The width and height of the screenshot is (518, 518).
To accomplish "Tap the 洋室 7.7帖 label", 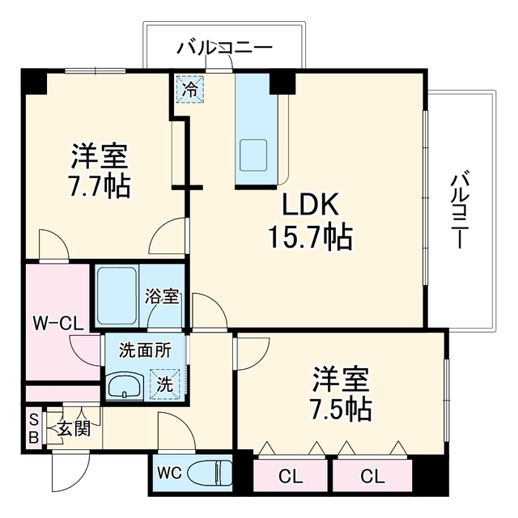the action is click(100, 171).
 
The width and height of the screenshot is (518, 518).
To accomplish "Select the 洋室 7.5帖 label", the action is click(341, 393).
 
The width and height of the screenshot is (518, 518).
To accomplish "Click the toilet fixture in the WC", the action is click(210, 473).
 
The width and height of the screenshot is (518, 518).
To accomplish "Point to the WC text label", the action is click(169, 473).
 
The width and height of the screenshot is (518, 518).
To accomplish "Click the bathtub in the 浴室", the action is click(117, 296).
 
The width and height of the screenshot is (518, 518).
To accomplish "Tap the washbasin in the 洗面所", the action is click(126, 385).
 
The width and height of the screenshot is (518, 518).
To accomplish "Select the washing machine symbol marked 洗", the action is click(165, 384).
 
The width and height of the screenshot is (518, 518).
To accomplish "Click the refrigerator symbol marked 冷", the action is click(189, 89).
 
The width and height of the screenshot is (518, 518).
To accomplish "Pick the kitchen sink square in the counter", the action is click(253, 155).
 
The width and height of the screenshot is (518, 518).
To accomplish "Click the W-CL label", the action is click(57, 324).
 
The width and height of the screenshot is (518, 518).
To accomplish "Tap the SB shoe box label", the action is click(34, 429).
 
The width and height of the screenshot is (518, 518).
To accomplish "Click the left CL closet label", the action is click(291, 476).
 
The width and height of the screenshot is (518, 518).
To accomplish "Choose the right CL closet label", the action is click(373, 476).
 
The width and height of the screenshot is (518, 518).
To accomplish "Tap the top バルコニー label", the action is click(225, 48).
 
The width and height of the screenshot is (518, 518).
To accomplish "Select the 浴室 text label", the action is click(162, 296).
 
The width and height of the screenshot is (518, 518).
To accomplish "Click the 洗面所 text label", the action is click(146, 350).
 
